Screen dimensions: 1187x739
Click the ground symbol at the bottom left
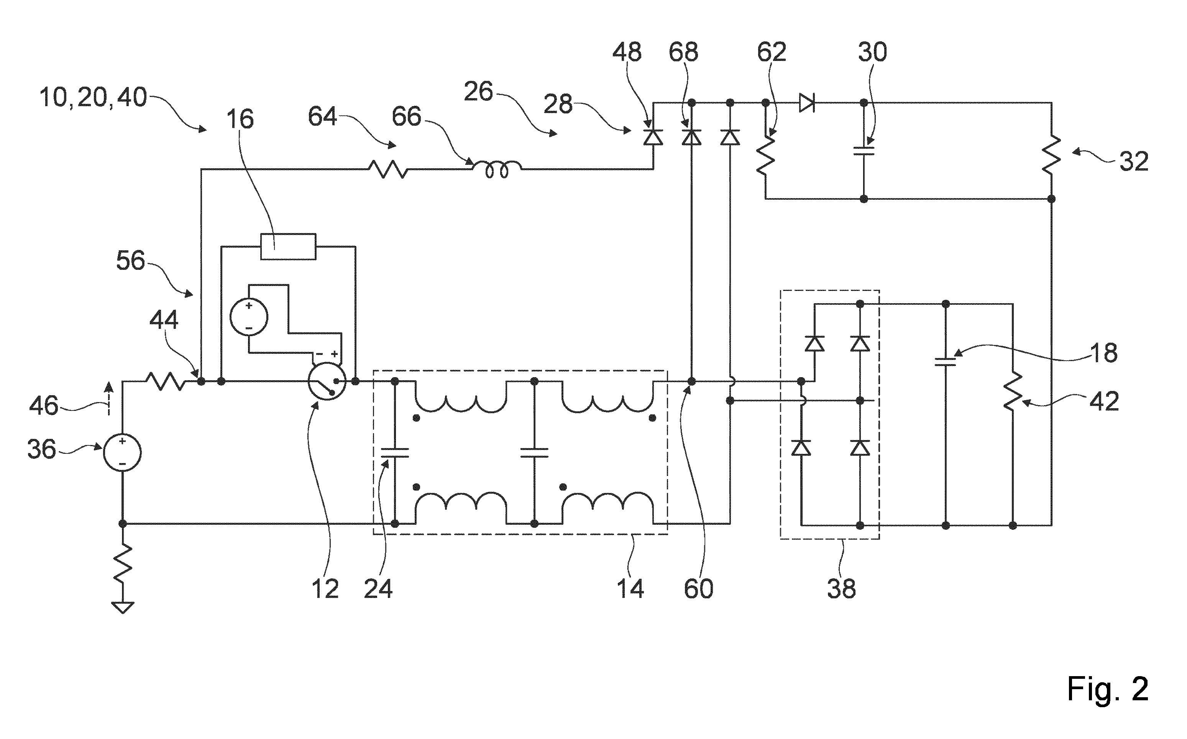123,608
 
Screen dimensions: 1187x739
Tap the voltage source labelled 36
122,453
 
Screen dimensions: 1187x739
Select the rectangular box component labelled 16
288,246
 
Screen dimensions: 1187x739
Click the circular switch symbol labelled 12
327,382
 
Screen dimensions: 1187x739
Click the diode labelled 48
653,137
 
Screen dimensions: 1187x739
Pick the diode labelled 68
691,137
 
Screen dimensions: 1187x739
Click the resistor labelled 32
1051,154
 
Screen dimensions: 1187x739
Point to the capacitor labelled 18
945,362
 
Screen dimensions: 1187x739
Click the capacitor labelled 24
395,453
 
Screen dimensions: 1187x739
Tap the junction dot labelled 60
691,381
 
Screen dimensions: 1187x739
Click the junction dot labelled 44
201,381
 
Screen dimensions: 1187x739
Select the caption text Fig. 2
1107,689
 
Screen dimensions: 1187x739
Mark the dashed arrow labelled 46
108,398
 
